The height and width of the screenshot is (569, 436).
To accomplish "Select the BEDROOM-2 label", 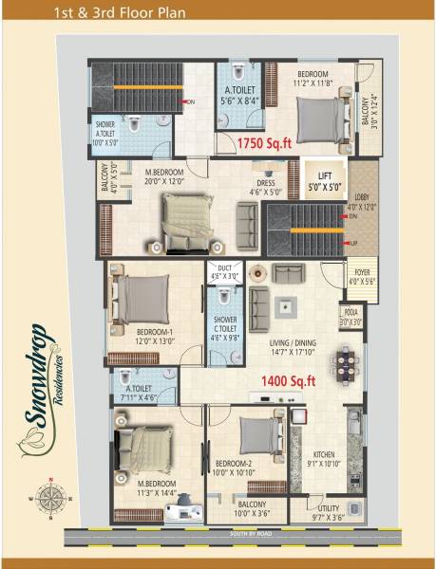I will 233,465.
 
